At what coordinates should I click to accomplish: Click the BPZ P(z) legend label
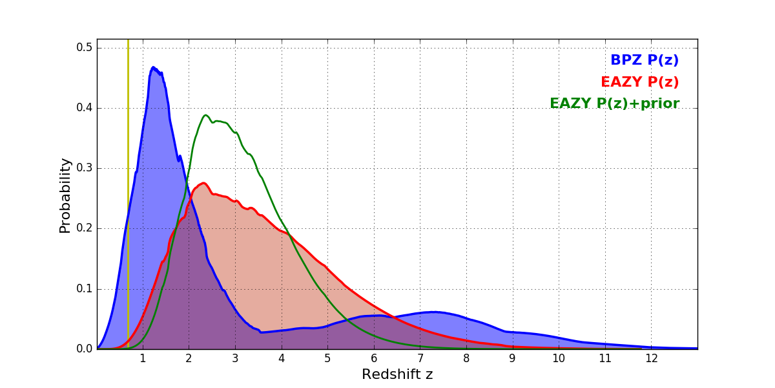pyautogui.click(x=644, y=61)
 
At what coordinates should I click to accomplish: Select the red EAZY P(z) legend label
pyautogui.click(x=639, y=82)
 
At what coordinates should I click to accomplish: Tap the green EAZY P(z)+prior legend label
pyautogui.click(x=614, y=103)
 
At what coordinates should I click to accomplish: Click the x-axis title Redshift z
pyautogui.click(x=397, y=374)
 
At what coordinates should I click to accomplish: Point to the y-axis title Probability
pyautogui.click(x=65, y=195)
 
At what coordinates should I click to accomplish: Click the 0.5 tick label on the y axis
pyautogui.click(x=85, y=48)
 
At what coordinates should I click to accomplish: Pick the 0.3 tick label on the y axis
pyautogui.click(x=85, y=168)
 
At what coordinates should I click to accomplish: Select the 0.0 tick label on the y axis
pyautogui.click(x=85, y=349)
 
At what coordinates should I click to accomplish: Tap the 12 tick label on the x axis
pyautogui.click(x=650, y=358)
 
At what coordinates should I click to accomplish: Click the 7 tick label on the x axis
pyautogui.click(x=420, y=358)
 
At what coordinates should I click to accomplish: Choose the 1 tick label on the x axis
pyautogui.click(x=143, y=358)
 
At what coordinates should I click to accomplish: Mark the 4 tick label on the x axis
pyautogui.click(x=282, y=358)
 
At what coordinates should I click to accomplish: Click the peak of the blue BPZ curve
pyautogui.click(x=153, y=67)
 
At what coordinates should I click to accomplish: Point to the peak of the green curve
pyautogui.click(x=205, y=115)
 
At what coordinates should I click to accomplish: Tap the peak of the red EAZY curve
pyautogui.click(x=203, y=183)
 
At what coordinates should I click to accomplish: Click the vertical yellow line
pyautogui.click(x=128, y=194)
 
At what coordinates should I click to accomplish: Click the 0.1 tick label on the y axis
pyautogui.click(x=85, y=289)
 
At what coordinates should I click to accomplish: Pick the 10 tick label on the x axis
pyautogui.click(x=558, y=358)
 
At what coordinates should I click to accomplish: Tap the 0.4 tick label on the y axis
pyautogui.click(x=85, y=108)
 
